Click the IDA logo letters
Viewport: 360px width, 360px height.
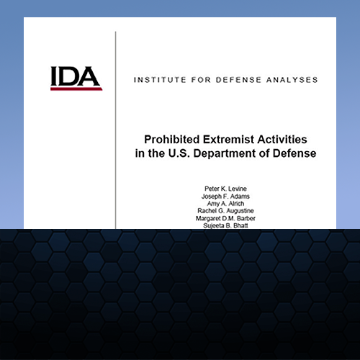(76, 76)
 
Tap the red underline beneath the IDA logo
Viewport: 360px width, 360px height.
(76, 89)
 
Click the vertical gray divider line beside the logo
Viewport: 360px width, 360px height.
(115, 130)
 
